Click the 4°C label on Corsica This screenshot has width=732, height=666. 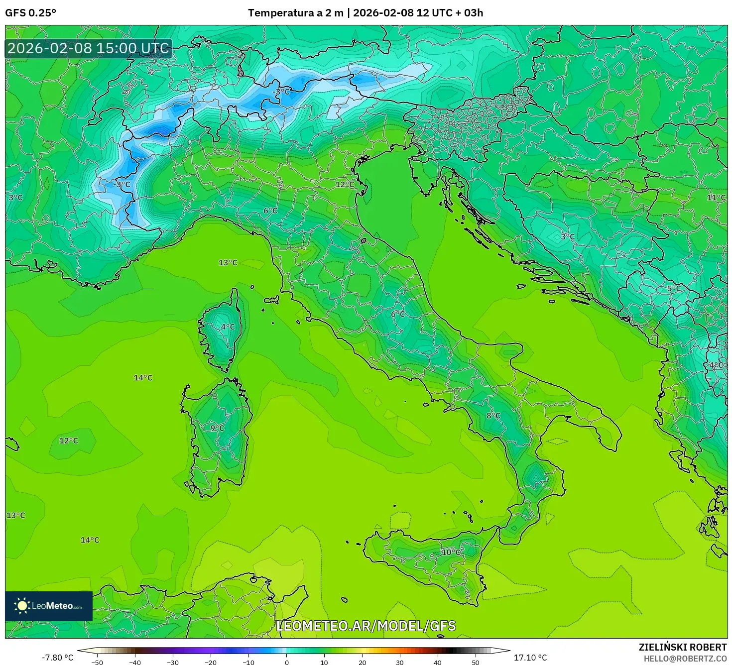tap(228, 327)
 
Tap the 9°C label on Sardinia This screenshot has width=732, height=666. tap(217, 428)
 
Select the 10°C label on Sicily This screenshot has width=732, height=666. tap(451, 552)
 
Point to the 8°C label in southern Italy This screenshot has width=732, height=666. tap(493, 416)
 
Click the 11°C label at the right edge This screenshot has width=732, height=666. tap(716, 198)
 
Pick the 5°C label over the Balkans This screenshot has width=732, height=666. tap(674, 289)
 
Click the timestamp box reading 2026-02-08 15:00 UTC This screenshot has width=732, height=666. tap(89, 48)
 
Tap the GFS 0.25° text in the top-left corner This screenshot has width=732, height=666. tap(30, 13)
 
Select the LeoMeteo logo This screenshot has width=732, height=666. tap(49, 606)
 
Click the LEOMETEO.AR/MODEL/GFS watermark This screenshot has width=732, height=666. tap(366, 626)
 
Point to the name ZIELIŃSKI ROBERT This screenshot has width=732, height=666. tap(683, 647)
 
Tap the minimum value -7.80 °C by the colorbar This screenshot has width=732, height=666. tap(57, 658)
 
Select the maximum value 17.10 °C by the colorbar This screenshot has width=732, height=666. tap(530, 658)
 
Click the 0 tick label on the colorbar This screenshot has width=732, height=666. tap(286, 663)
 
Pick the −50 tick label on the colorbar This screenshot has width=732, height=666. tap(97, 663)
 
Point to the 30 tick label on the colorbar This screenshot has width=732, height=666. tap(400, 663)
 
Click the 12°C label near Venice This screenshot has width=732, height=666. tap(345, 185)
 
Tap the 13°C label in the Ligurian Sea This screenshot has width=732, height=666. tap(228, 263)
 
